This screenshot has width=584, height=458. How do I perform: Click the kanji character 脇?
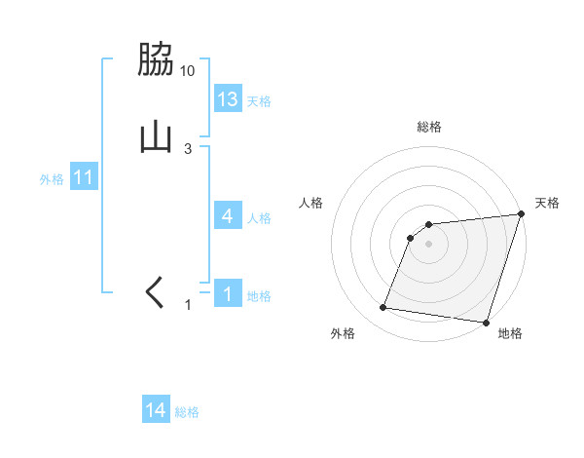156,61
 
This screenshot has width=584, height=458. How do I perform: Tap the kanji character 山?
156,137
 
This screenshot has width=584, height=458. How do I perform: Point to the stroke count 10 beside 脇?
188,71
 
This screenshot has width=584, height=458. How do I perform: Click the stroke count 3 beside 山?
188,148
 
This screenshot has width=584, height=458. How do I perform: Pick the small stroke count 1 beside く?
189,306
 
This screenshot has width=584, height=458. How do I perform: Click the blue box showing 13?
228,98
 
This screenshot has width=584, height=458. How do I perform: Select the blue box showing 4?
228,216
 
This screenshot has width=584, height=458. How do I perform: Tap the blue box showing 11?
84,177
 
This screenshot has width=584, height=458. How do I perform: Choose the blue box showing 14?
156,410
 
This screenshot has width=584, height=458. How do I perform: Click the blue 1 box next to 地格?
228,293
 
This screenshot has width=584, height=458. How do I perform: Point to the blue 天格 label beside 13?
259,101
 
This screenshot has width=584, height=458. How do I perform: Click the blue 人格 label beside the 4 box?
259,218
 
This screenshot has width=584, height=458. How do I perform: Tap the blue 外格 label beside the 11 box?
52,179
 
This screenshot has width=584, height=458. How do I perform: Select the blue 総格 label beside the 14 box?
187,412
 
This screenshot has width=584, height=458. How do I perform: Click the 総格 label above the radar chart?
429,127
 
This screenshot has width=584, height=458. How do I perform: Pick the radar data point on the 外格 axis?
383,308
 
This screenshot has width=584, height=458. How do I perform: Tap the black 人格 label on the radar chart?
311,203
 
